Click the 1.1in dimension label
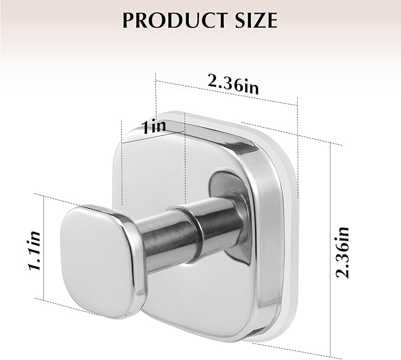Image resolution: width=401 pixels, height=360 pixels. (x=36, y=251)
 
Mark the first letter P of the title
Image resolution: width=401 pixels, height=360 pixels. (x=128, y=20)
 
